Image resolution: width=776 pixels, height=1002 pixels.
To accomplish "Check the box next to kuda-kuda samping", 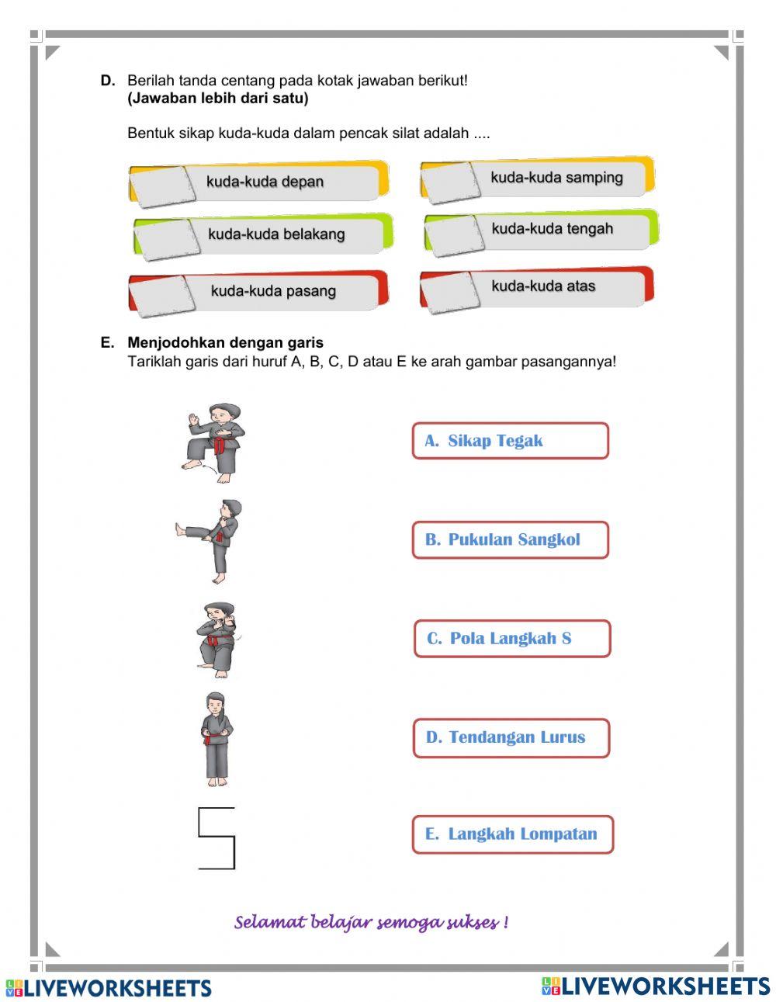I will pyautogui.click(x=452, y=182).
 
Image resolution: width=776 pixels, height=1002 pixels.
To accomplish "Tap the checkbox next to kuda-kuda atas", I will pyautogui.click(x=452, y=290).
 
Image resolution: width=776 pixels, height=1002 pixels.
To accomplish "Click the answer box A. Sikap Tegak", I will pyautogui.click(x=510, y=441).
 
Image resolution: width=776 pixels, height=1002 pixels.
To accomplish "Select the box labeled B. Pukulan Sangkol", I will pyautogui.click(x=510, y=539).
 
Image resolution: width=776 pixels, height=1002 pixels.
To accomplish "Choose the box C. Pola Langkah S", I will pyautogui.click(x=511, y=639).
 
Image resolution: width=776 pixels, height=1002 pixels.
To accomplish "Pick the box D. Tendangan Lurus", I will pyautogui.click(x=511, y=737).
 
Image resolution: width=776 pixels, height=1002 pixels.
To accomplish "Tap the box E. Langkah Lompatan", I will pyautogui.click(x=512, y=834).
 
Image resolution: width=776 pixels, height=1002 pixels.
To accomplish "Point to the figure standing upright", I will pyautogui.click(x=217, y=739).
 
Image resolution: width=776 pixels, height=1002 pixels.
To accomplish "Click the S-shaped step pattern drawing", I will pyautogui.click(x=216, y=838).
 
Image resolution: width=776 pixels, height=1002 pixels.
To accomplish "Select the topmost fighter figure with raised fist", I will pyautogui.click(x=214, y=443).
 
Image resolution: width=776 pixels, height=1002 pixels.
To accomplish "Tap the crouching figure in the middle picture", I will pyautogui.click(x=217, y=640).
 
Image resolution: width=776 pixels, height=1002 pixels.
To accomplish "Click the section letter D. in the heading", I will pyautogui.click(x=108, y=81).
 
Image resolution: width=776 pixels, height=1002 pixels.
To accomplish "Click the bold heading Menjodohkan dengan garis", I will pyautogui.click(x=225, y=342).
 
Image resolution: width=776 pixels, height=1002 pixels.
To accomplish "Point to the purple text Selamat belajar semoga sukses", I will pyautogui.click(x=371, y=923).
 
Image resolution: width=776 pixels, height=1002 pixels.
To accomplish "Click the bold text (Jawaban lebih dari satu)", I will pyautogui.click(x=217, y=99).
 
